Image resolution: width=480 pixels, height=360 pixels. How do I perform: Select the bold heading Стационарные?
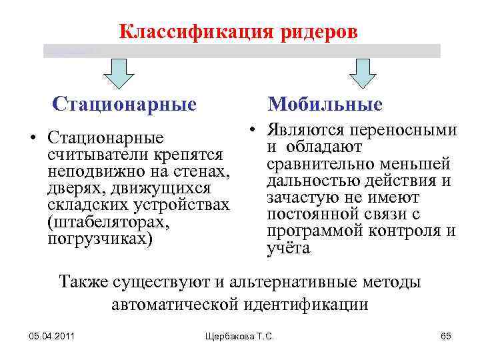125,105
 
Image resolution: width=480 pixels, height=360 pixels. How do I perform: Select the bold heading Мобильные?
325,105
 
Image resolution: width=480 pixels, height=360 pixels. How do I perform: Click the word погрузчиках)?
100,238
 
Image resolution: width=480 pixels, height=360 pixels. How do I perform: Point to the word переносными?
409,131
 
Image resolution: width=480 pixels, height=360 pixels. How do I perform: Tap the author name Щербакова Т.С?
241,335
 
